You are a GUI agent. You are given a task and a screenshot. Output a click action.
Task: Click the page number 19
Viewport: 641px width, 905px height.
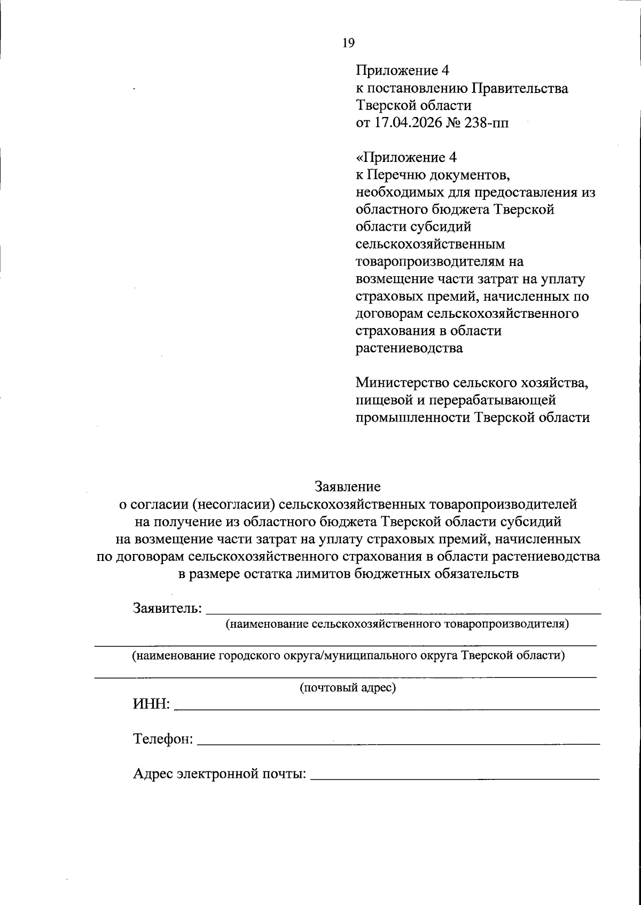[x=348, y=43]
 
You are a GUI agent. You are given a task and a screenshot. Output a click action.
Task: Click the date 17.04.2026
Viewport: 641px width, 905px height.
[x=407, y=123]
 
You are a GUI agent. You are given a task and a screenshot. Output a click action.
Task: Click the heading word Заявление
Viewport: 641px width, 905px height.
[x=348, y=486]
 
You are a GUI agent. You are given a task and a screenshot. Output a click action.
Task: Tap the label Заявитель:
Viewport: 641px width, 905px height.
[x=167, y=608]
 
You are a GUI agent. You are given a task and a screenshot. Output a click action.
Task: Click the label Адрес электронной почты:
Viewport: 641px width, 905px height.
[x=220, y=774]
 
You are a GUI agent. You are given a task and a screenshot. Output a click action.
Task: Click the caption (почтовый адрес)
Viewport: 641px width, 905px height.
[x=348, y=687]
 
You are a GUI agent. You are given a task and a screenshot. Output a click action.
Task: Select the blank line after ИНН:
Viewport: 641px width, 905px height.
[x=387, y=708]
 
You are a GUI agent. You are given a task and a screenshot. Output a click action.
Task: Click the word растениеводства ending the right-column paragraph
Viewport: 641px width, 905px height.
[x=409, y=348]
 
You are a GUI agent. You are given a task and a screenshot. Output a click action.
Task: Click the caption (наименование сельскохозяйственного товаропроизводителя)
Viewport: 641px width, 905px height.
[x=397, y=623]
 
